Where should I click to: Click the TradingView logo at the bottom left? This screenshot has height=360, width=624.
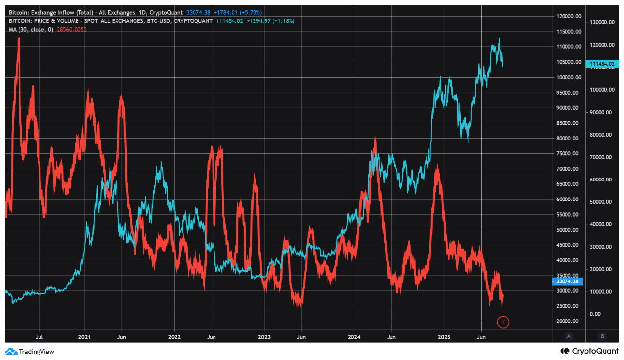pyautogui.click(x=30, y=351)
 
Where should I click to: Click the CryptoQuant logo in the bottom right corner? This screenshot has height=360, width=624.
pyautogui.click(x=589, y=351)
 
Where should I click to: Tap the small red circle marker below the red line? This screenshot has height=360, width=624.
pyautogui.click(x=503, y=322)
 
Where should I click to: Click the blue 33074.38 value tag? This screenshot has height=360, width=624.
pyautogui.click(x=567, y=281)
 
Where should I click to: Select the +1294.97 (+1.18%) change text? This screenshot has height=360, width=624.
pyautogui.click(x=270, y=21)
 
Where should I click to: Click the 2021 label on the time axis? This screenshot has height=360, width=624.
pyautogui.click(x=84, y=337)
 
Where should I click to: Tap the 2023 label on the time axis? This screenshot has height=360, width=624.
pyautogui.click(x=264, y=337)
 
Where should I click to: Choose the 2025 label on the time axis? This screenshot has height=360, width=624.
pyautogui.click(x=444, y=337)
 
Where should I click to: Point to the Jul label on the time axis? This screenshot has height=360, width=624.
pyautogui.click(x=39, y=337)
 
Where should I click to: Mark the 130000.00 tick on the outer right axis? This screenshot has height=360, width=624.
pyautogui.click(x=603, y=22)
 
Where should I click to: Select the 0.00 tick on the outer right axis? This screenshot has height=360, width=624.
pyautogui.click(x=595, y=314)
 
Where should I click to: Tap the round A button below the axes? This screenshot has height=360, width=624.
pyautogui.click(x=568, y=336)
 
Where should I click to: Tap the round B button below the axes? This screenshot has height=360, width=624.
pyautogui.click(x=603, y=336)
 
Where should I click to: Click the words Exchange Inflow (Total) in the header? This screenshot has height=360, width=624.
pyautogui.click(x=59, y=12)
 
